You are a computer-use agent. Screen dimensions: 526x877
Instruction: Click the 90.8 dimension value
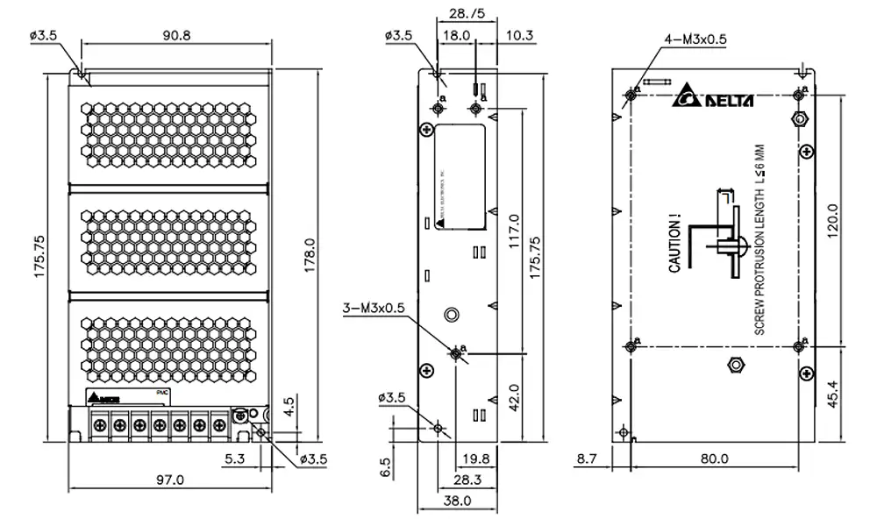point(175,35)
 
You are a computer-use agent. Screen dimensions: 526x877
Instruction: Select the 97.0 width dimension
point(170,480)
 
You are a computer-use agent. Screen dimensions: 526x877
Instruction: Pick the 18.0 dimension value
point(456,35)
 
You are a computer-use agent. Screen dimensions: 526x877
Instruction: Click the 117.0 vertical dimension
point(515,231)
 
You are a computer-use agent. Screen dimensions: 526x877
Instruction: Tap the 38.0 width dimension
point(457,501)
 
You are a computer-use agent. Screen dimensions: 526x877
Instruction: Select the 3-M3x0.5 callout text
point(374,308)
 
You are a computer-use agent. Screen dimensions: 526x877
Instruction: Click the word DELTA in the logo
point(727,99)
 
